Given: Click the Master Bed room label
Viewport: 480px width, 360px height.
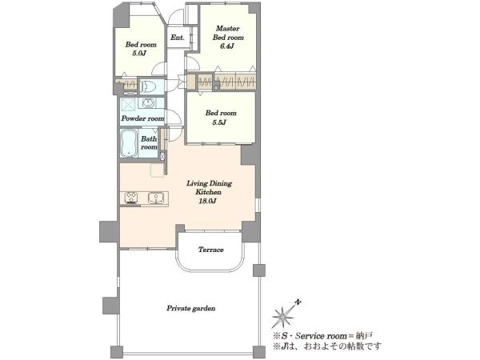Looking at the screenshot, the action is tap(228, 33).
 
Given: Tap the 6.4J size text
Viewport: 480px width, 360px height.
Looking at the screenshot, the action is tap(227, 46).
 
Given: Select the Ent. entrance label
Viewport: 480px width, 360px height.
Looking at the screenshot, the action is tap(178, 38).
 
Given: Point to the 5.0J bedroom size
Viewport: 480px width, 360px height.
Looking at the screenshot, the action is tap(139, 54).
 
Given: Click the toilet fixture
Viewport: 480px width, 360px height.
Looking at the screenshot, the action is tap(148, 86).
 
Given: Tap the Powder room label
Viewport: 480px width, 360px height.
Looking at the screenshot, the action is tap(142, 118).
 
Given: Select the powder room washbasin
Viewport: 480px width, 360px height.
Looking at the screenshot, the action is tap(147, 103).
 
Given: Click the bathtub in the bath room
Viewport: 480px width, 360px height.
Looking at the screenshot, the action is tap(129, 143).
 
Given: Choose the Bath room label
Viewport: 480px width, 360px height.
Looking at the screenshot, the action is tap(149, 142).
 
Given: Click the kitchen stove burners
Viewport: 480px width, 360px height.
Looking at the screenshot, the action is tap(131, 198).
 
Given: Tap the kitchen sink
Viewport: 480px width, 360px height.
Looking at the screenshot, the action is tap(156, 198).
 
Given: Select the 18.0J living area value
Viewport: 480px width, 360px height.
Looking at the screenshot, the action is tap(208, 201).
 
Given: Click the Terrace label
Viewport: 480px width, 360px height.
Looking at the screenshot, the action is tap(211, 250).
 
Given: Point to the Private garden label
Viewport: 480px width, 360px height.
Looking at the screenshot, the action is tap(190, 308).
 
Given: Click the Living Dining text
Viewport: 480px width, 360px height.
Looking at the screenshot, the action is tap(210, 183).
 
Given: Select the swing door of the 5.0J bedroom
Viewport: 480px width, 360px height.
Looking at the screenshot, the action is tap(159, 69).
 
